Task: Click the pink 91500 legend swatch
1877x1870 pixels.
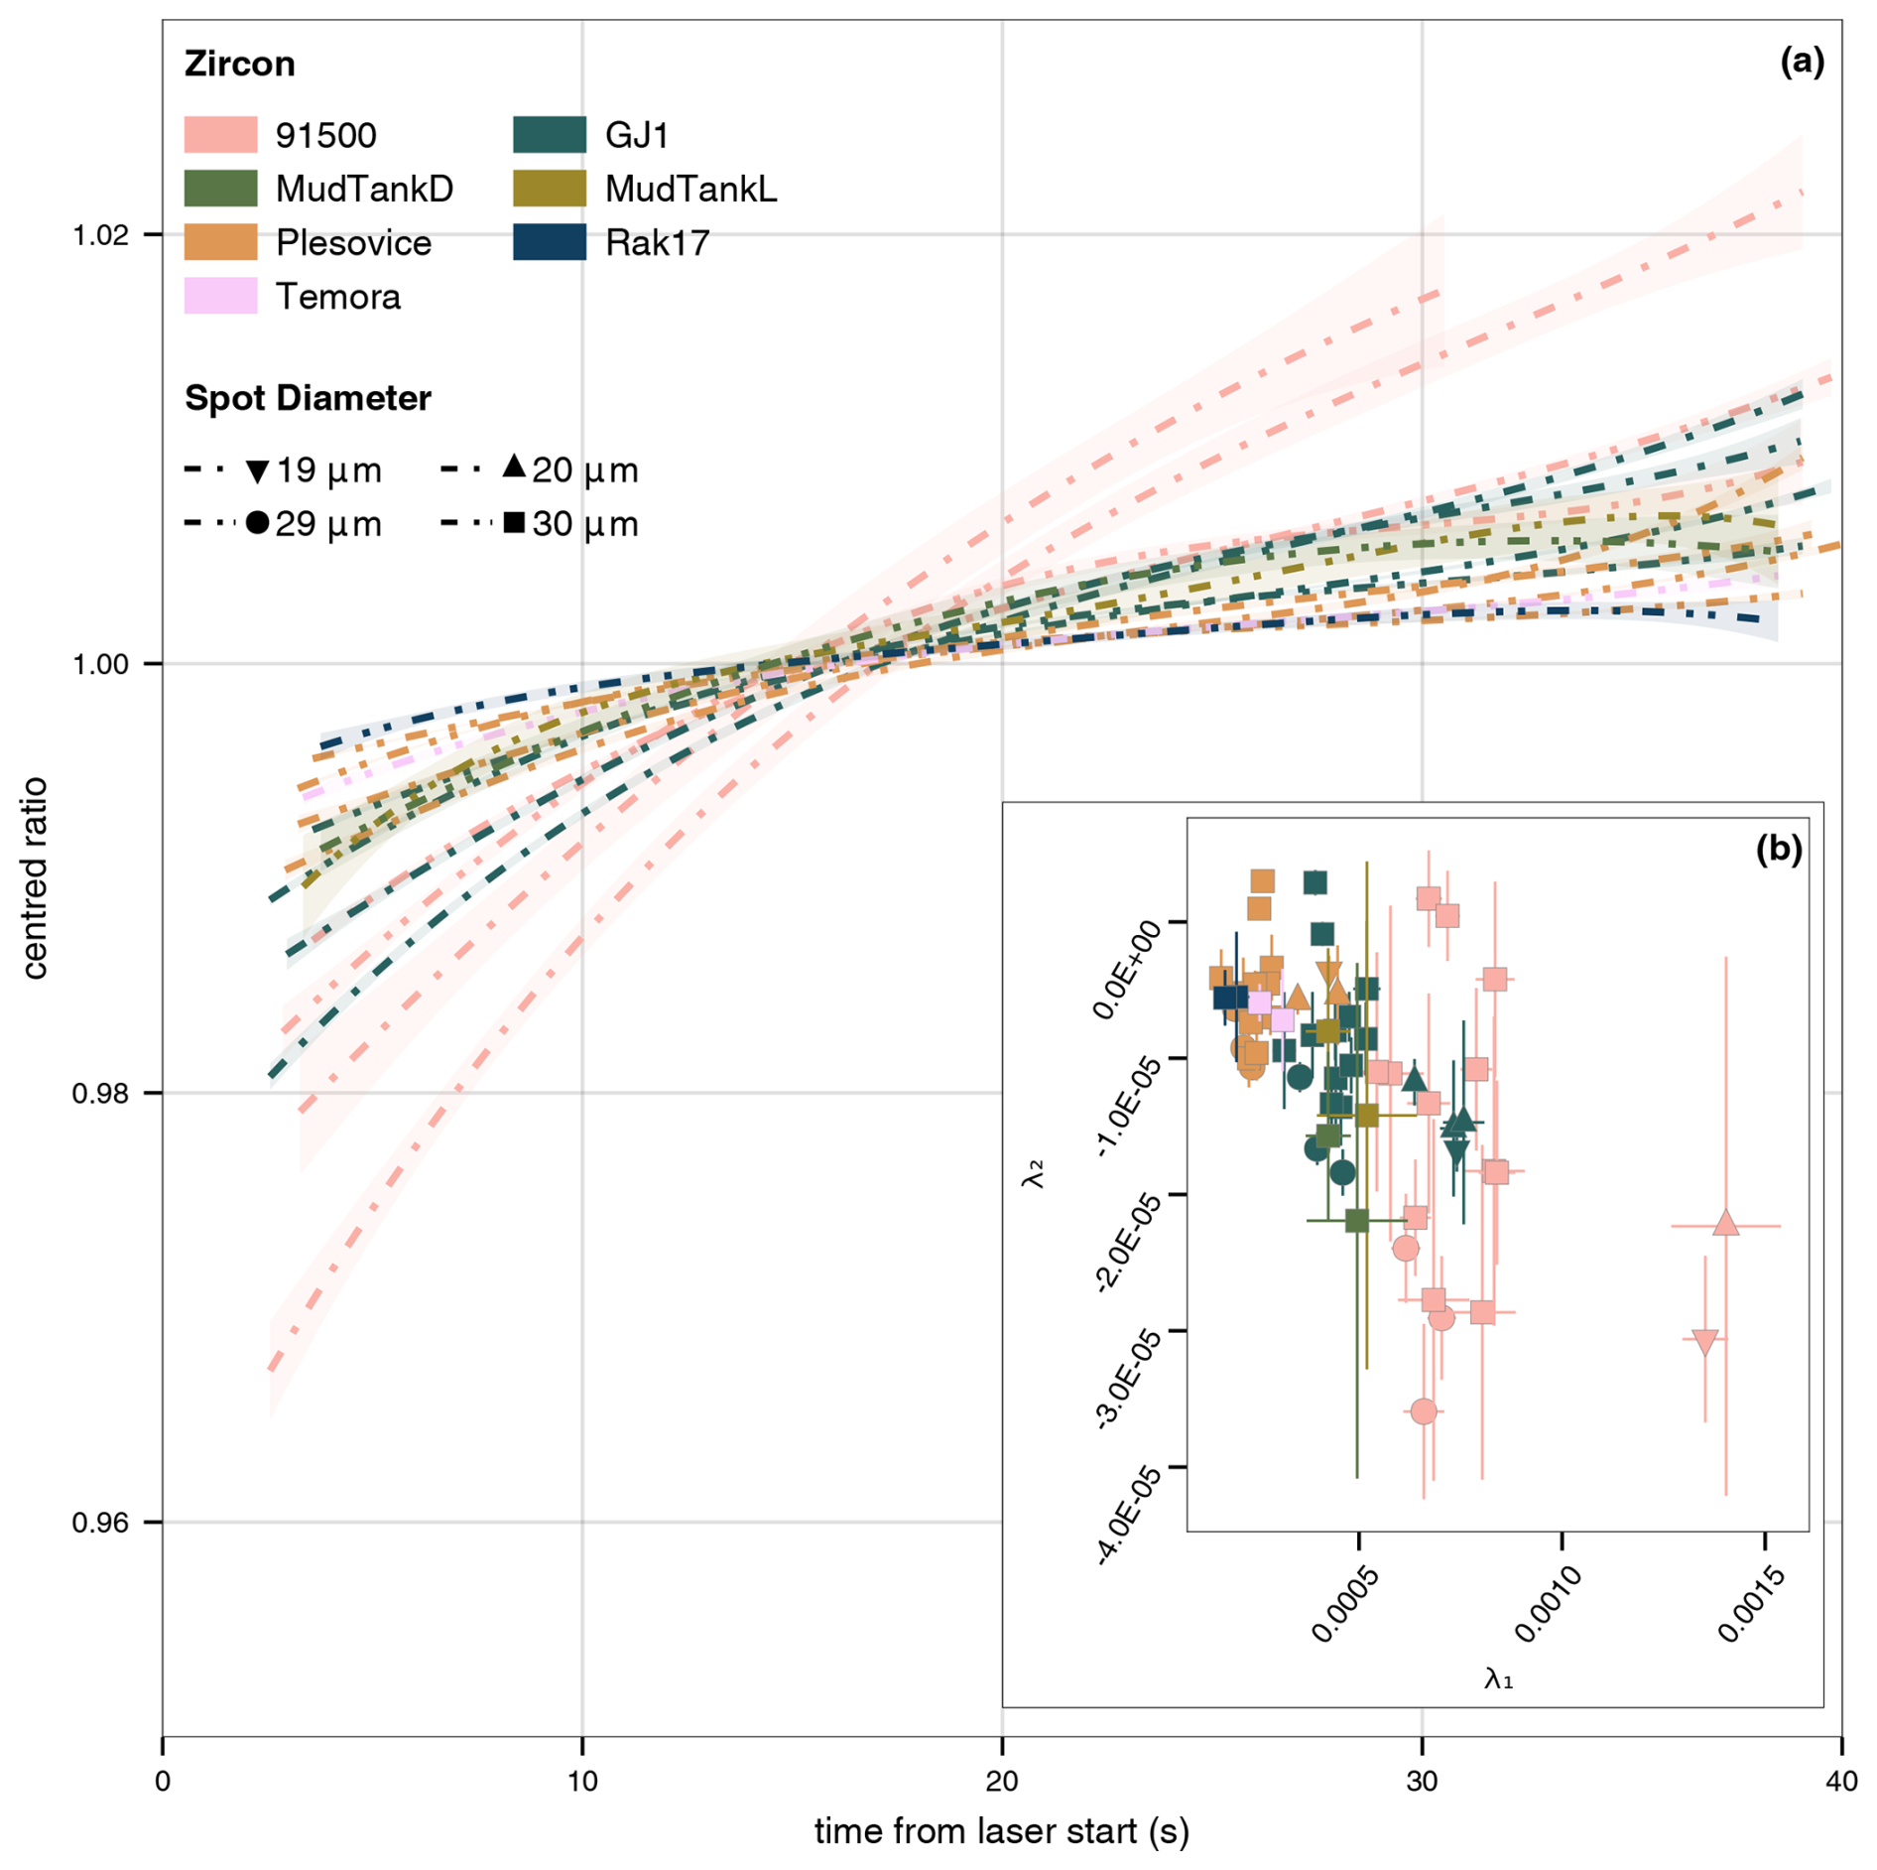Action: pos(220,135)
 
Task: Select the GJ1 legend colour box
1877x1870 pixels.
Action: pos(550,135)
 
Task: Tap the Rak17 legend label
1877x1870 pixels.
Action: pos(657,243)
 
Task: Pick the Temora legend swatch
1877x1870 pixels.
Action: pos(220,296)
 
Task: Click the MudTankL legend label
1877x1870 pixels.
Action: pos(690,189)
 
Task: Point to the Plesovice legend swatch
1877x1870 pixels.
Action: pos(220,242)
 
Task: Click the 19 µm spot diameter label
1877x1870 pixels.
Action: pos(328,470)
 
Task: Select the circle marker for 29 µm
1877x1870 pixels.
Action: pos(257,523)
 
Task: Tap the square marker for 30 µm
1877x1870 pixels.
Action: pos(514,522)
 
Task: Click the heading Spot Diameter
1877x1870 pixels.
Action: pos(308,398)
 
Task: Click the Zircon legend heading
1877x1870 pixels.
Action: pos(240,64)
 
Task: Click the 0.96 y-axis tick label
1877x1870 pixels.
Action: pos(101,1522)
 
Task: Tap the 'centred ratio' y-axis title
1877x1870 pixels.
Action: pos(36,877)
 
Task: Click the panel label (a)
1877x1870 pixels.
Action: pos(1802,62)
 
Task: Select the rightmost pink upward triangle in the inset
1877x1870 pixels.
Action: pos(1726,1223)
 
